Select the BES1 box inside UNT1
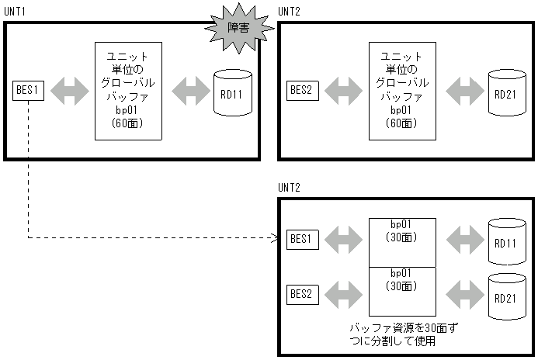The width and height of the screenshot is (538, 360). (x=28, y=91)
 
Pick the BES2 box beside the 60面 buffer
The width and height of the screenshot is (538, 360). (x=301, y=91)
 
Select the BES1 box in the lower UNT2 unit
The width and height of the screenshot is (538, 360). (x=301, y=238)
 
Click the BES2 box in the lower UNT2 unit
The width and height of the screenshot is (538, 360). (x=301, y=294)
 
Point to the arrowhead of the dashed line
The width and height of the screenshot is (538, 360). (x=276, y=238)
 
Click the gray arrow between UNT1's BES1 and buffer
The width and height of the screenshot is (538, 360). (x=70, y=91)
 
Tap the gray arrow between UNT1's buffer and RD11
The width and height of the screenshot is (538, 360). (x=188, y=91)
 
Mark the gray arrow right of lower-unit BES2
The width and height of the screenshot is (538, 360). (x=343, y=294)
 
